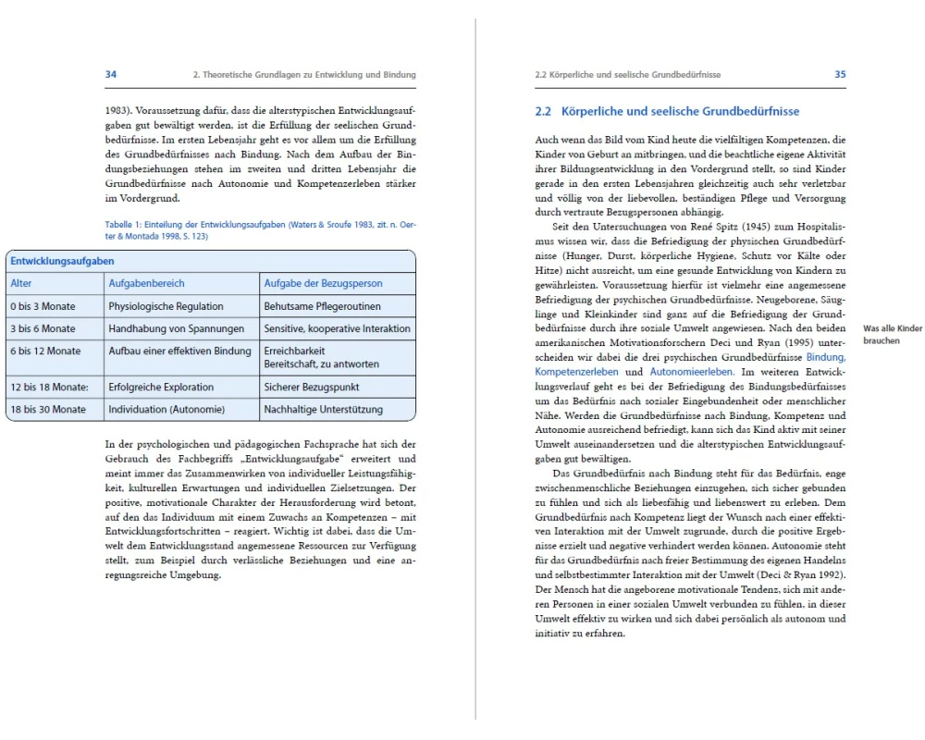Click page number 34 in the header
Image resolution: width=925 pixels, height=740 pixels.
point(110,74)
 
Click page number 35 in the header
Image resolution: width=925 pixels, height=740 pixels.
point(840,74)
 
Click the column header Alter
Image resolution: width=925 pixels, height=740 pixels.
point(21,283)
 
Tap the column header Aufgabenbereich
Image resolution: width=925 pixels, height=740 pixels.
point(146,283)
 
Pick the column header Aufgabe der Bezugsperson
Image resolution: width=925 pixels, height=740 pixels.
point(323,283)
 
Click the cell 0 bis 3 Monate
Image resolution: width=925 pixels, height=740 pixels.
point(43,305)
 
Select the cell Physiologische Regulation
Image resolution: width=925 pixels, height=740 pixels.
point(166,305)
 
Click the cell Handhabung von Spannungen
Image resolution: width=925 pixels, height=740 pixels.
point(176,328)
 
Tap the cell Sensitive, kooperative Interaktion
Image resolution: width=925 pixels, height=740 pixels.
point(337,328)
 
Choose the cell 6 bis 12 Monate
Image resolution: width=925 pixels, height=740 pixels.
point(45,351)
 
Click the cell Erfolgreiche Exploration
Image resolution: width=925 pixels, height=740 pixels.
point(161,387)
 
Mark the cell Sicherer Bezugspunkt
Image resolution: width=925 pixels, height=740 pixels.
point(311,387)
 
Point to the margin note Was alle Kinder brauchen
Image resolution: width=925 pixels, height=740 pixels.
point(892,334)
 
